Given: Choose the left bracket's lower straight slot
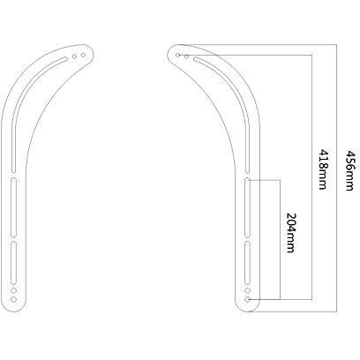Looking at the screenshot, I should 15,257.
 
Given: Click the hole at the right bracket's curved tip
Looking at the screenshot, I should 178,56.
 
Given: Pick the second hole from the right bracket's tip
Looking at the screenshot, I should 185,56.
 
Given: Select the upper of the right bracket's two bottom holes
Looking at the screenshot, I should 249,289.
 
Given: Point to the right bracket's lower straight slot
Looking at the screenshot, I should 249,257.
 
